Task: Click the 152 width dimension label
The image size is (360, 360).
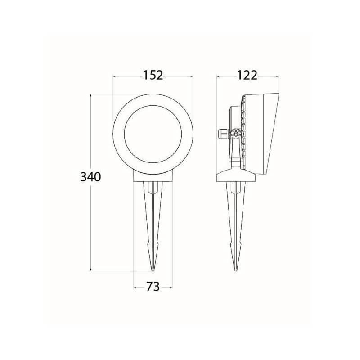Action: tap(153, 75)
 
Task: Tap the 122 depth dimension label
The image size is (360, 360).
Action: tap(247, 75)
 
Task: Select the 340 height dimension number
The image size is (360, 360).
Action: tap(91, 177)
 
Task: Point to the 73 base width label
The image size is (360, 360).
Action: tap(153, 287)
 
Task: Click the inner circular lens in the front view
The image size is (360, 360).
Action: tap(153, 134)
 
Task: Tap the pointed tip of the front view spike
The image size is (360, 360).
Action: tap(153, 270)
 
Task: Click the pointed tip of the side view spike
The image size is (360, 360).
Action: tap(235, 270)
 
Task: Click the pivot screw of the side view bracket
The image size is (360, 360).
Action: tap(235, 134)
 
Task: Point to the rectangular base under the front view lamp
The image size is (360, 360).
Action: tap(153, 177)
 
